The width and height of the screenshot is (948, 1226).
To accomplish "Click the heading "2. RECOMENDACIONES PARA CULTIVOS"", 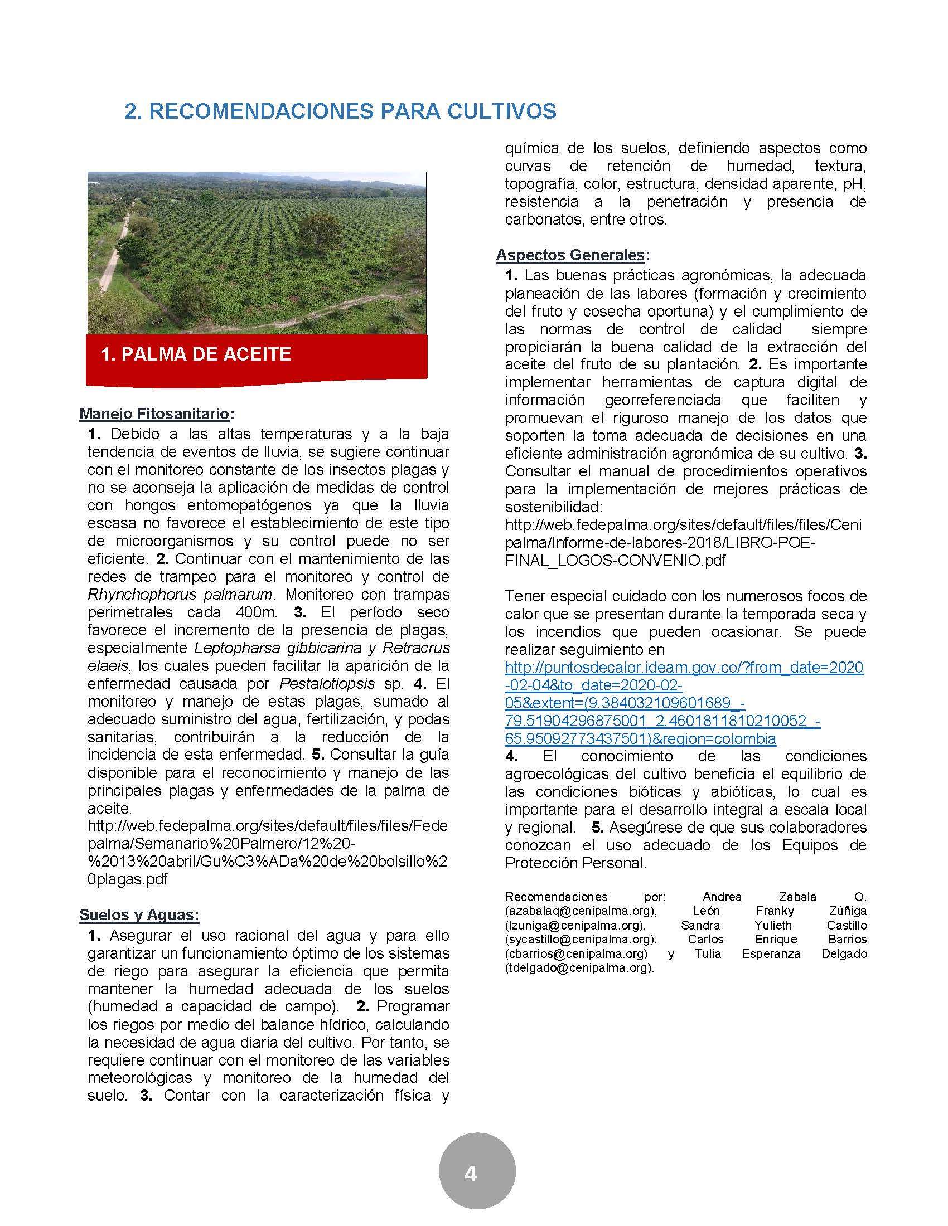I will point(340,111).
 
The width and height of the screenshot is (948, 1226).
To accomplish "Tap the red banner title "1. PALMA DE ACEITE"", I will point(196,354).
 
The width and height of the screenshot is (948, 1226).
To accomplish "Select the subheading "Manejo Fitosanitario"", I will point(154,414).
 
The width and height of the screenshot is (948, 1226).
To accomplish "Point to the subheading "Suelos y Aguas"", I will point(138,914).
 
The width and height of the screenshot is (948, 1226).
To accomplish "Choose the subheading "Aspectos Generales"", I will point(570,255).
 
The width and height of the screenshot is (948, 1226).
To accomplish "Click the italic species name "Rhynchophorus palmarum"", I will point(180,594).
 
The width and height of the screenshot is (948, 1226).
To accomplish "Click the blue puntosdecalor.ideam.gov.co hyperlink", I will point(684,703).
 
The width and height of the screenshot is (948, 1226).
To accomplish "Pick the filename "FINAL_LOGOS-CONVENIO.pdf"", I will point(616,560).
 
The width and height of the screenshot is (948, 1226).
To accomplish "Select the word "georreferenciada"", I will point(662,400).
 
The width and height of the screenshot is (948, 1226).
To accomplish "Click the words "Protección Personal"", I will point(575,863).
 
